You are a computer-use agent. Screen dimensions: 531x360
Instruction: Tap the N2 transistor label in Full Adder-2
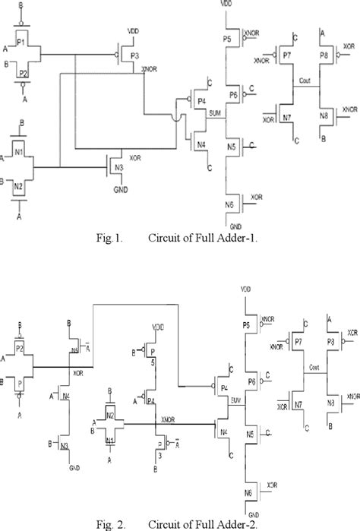point(109,416)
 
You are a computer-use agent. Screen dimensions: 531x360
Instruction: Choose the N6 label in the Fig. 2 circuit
point(248,494)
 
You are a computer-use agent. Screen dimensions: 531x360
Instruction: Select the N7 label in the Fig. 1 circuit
point(287,119)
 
